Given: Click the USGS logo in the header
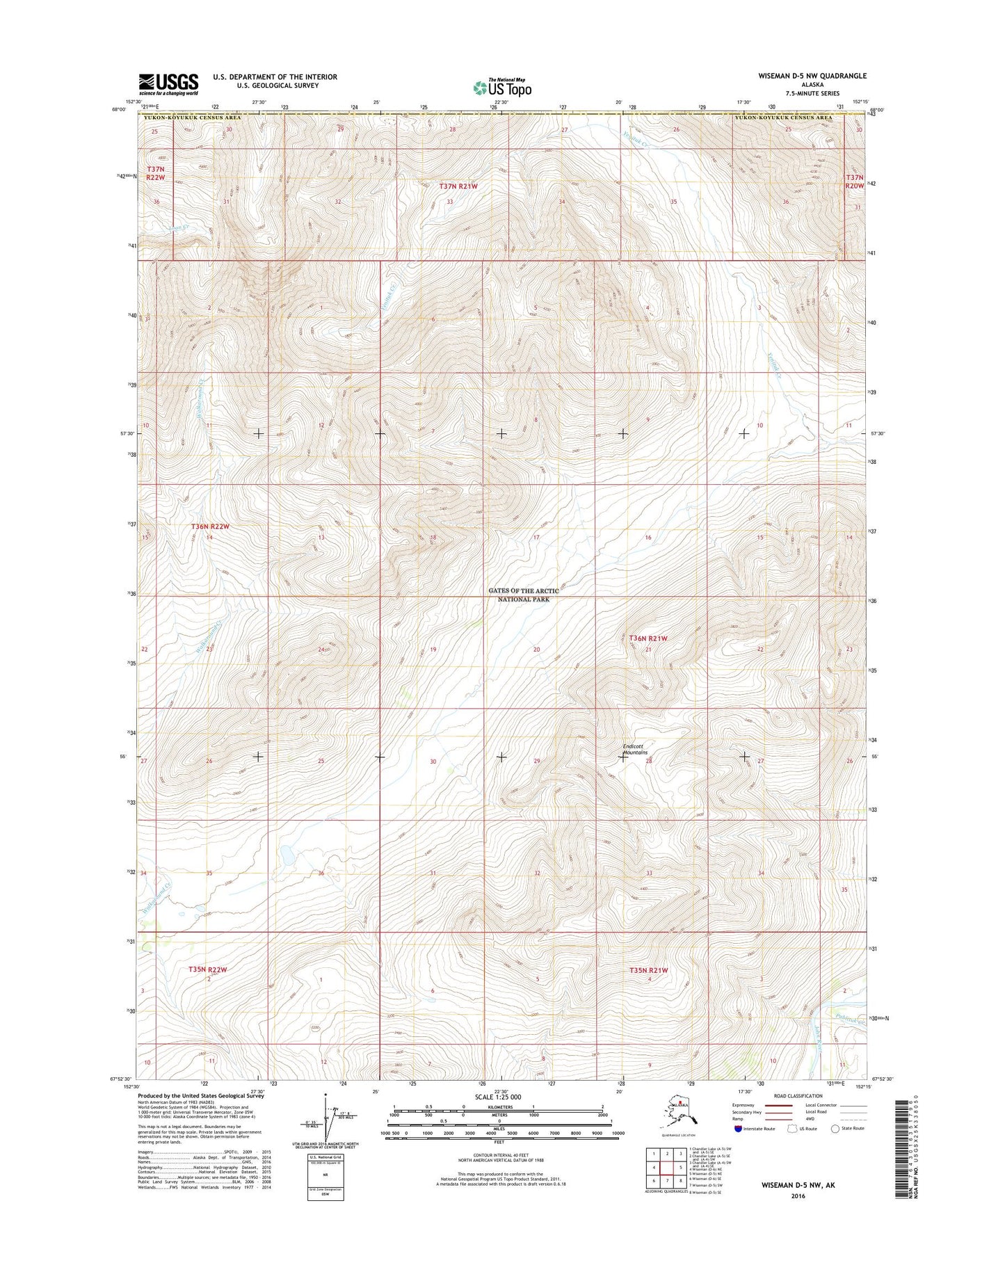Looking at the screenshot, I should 168,84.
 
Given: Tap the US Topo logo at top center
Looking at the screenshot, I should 502,88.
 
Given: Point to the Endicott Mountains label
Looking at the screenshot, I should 636,749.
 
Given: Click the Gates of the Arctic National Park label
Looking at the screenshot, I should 523,595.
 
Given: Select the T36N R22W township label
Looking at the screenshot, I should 210,526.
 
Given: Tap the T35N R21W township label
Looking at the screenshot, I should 648,970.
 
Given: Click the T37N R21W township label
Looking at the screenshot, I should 458,186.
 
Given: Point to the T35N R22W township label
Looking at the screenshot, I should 208,969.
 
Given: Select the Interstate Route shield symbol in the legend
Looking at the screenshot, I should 737,1129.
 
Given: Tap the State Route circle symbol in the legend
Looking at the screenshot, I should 835,1128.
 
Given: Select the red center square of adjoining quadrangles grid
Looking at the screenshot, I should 667,1168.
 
